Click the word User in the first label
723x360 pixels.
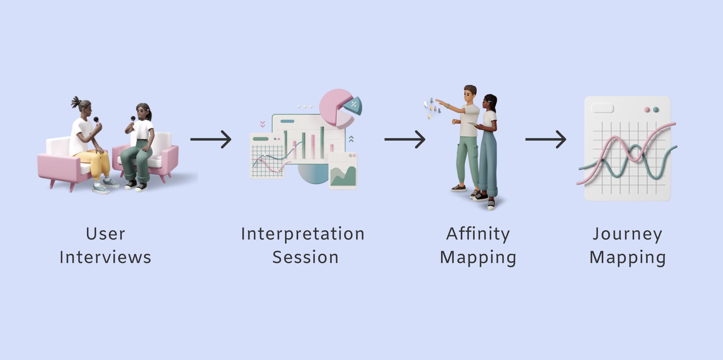(x=105, y=234)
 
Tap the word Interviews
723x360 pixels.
(x=105, y=257)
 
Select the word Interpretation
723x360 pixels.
(x=303, y=234)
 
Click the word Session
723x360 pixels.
(x=305, y=257)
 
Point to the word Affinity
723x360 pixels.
(x=478, y=234)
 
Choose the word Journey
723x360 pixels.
(x=628, y=234)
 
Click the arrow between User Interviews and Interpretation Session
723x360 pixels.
(x=211, y=139)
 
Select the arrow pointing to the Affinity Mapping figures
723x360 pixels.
(x=405, y=139)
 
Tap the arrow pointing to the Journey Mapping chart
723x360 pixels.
(x=546, y=139)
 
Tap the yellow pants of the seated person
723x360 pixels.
(x=97, y=162)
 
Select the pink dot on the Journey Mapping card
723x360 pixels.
(x=647, y=110)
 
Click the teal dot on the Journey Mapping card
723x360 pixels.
(x=656, y=110)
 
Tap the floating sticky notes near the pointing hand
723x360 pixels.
(x=432, y=108)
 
